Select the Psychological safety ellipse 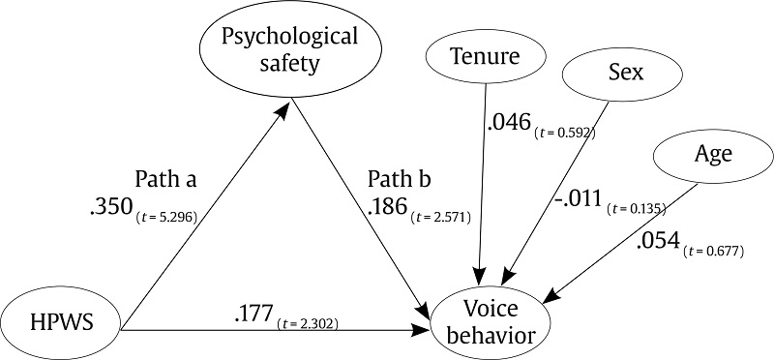[x=290, y=51]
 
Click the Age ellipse [x=713, y=155]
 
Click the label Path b [x=399, y=181]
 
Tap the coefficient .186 [x=388, y=207]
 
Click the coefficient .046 [x=509, y=122]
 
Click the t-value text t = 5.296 [x=168, y=217]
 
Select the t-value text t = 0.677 [x=717, y=253]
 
